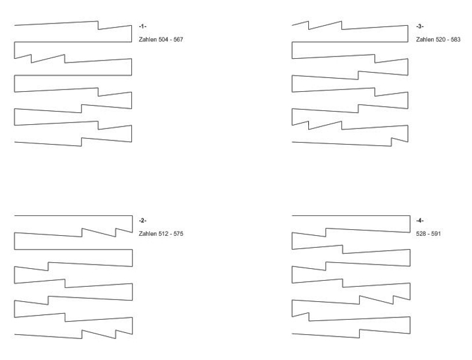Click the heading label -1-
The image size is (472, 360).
[142, 26]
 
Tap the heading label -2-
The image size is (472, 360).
[142, 221]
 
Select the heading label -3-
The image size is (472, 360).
[420, 26]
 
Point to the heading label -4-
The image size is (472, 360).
[420, 221]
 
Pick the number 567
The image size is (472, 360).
[178, 39]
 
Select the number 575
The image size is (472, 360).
[178, 233]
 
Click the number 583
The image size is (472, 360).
[456, 39]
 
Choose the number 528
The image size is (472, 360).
[421, 233]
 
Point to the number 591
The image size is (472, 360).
[436, 233]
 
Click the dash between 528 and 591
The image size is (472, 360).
[429, 233]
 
